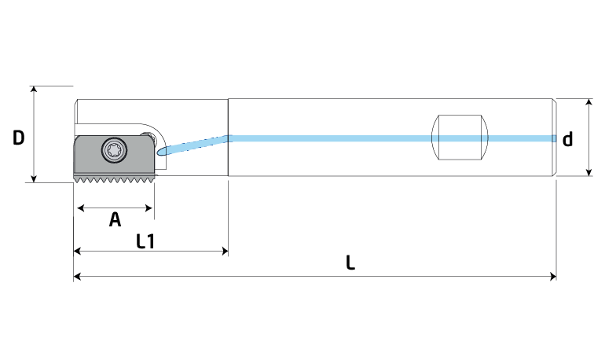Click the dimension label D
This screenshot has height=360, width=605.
[19, 138]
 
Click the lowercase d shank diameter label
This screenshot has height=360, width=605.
[567, 139]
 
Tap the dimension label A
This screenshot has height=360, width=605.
[115, 219]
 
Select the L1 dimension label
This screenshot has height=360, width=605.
[145, 241]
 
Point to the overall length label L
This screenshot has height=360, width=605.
[350, 263]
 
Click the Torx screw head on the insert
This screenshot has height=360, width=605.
[114, 149]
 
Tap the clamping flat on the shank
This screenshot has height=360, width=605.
[460, 137]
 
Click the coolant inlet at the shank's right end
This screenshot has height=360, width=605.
[554, 138]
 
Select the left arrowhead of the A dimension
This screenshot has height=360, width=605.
[81, 208]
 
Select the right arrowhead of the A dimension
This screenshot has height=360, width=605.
[148, 208]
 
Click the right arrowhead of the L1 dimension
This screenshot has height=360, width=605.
[225, 252]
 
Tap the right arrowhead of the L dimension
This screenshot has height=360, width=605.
[552, 276]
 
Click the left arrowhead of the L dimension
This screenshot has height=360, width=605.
[77, 276]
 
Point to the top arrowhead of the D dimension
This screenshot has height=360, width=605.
[34, 90]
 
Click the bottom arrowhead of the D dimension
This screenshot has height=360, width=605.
[34, 178]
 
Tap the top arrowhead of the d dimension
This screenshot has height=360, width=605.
[588, 102]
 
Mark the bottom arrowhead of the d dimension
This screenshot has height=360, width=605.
[588, 172]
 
